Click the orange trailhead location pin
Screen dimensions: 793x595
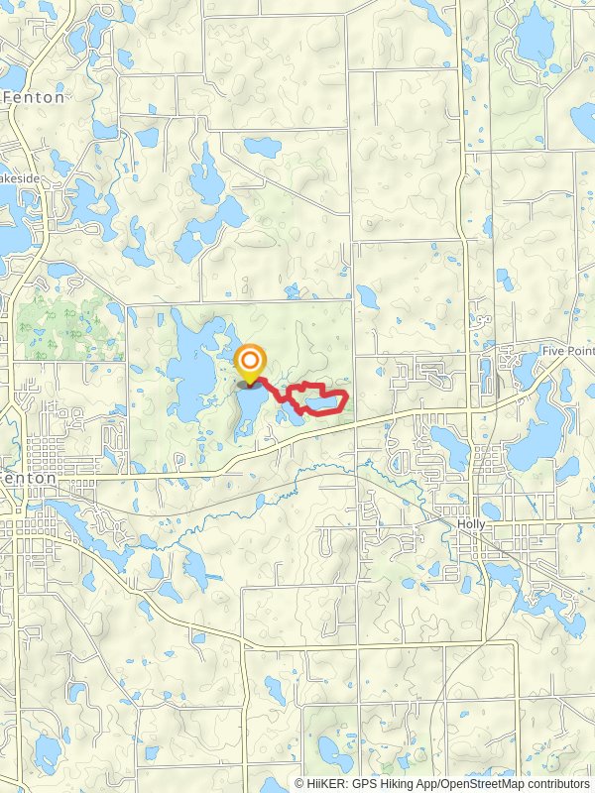pyautogui.click(x=251, y=362)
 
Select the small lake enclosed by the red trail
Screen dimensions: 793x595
pyautogui.click(x=319, y=400)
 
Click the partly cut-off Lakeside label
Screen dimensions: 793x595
pyautogui.click(x=19, y=178)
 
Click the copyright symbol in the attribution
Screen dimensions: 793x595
pyautogui.click(x=300, y=783)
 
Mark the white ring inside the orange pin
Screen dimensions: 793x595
pyautogui.click(x=251, y=358)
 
